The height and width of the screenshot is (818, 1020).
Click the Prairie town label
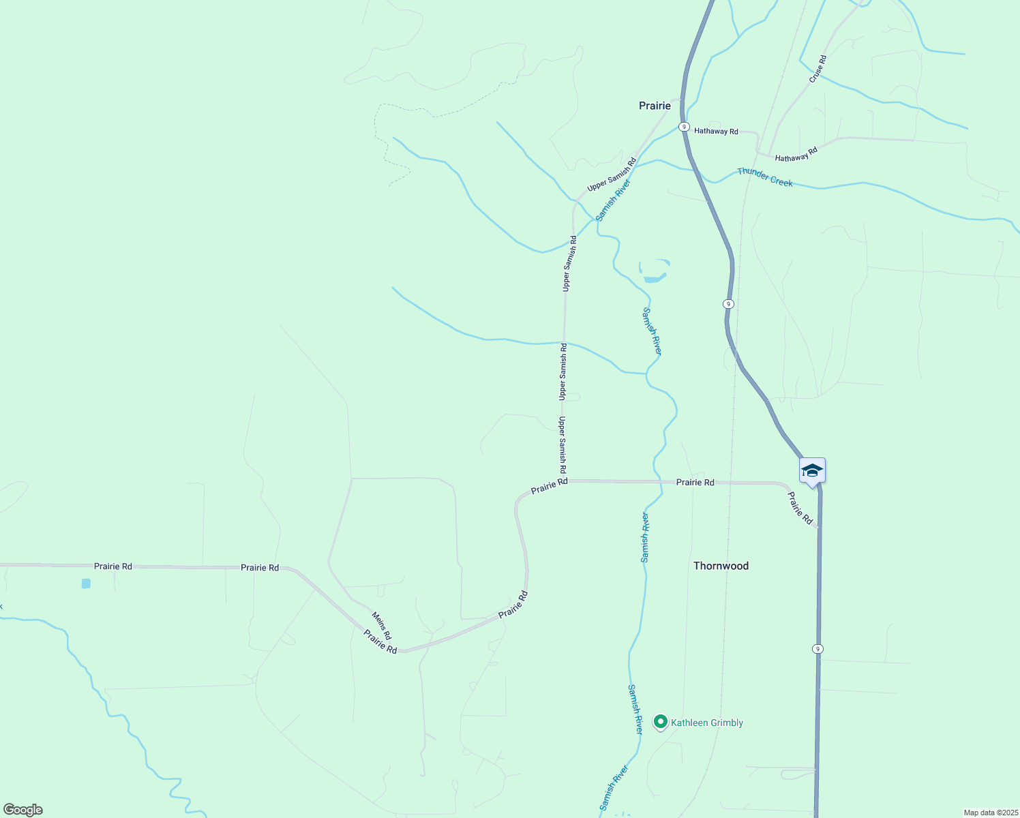pyautogui.click(x=655, y=106)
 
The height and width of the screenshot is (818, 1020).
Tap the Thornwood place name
pyautogui.click(x=721, y=566)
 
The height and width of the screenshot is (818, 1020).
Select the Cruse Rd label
pyautogui.click(x=817, y=70)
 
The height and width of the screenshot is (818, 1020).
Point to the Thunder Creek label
pyautogui.click(x=765, y=177)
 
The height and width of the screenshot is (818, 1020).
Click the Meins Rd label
pyautogui.click(x=381, y=626)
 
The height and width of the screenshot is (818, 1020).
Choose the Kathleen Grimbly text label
pyautogui.click(x=707, y=723)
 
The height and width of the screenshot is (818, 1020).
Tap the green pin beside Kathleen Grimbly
pyautogui.click(x=660, y=721)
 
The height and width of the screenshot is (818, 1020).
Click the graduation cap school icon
pyautogui.click(x=812, y=470)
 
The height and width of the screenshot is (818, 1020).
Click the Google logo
pyautogui.click(x=22, y=810)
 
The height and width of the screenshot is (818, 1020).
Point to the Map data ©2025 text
pyautogui.click(x=991, y=813)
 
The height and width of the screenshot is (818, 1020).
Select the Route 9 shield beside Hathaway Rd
pyautogui.click(x=683, y=127)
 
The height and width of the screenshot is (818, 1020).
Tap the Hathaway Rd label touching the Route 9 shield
pyautogui.click(x=716, y=131)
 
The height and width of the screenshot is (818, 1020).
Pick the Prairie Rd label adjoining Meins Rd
pyautogui.click(x=380, y=641)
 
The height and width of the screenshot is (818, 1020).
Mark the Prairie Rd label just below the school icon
pyautogui.click(x=800, y=509)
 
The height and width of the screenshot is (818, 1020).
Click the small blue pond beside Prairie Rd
pyautogui.click(x=86, y=584)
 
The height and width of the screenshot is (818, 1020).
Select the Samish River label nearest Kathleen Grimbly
pyautogui.click(x=635, y=709)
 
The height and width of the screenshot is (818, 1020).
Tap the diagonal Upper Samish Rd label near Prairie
pyautogui.click(x=612, y=175)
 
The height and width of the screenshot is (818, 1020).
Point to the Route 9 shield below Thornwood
pyautogui.click(x=817, y=648)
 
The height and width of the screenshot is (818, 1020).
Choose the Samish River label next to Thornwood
pyautogui.click(x=645, y=537)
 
